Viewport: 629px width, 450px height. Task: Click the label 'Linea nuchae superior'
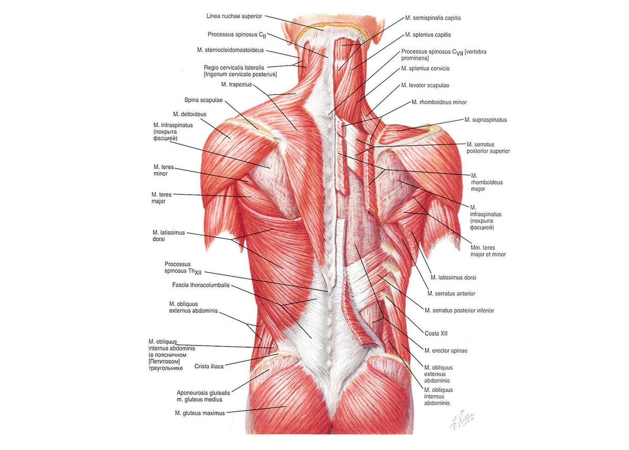pos(234,16)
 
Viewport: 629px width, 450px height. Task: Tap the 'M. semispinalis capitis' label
pos(433,18)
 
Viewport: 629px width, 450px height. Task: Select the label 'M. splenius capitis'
pos(428,35)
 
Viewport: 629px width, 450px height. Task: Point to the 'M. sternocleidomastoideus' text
pos(230,50)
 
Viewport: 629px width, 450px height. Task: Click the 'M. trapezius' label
pos(236,84)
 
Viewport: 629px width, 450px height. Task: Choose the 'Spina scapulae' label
pos(203,100)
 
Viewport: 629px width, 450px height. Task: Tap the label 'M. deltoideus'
pos(190,114)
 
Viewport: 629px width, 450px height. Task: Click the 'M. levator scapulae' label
pos(425,85)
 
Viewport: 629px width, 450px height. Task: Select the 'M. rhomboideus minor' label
pos(439,102)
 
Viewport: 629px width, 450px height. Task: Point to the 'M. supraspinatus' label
pos(485,120)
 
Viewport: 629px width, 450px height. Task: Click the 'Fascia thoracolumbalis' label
pos(201,285)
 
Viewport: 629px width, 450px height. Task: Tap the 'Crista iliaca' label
pos(209,366)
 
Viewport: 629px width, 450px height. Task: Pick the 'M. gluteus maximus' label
pos(200,413)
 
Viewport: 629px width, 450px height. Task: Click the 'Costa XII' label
pos(436,334)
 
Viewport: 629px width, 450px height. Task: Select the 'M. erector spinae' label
pos(446,351)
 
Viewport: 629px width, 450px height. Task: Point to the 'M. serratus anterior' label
pos(451,294)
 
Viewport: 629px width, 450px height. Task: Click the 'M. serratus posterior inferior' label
pos(459,310)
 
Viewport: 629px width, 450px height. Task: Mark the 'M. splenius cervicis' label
pos(425,69)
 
